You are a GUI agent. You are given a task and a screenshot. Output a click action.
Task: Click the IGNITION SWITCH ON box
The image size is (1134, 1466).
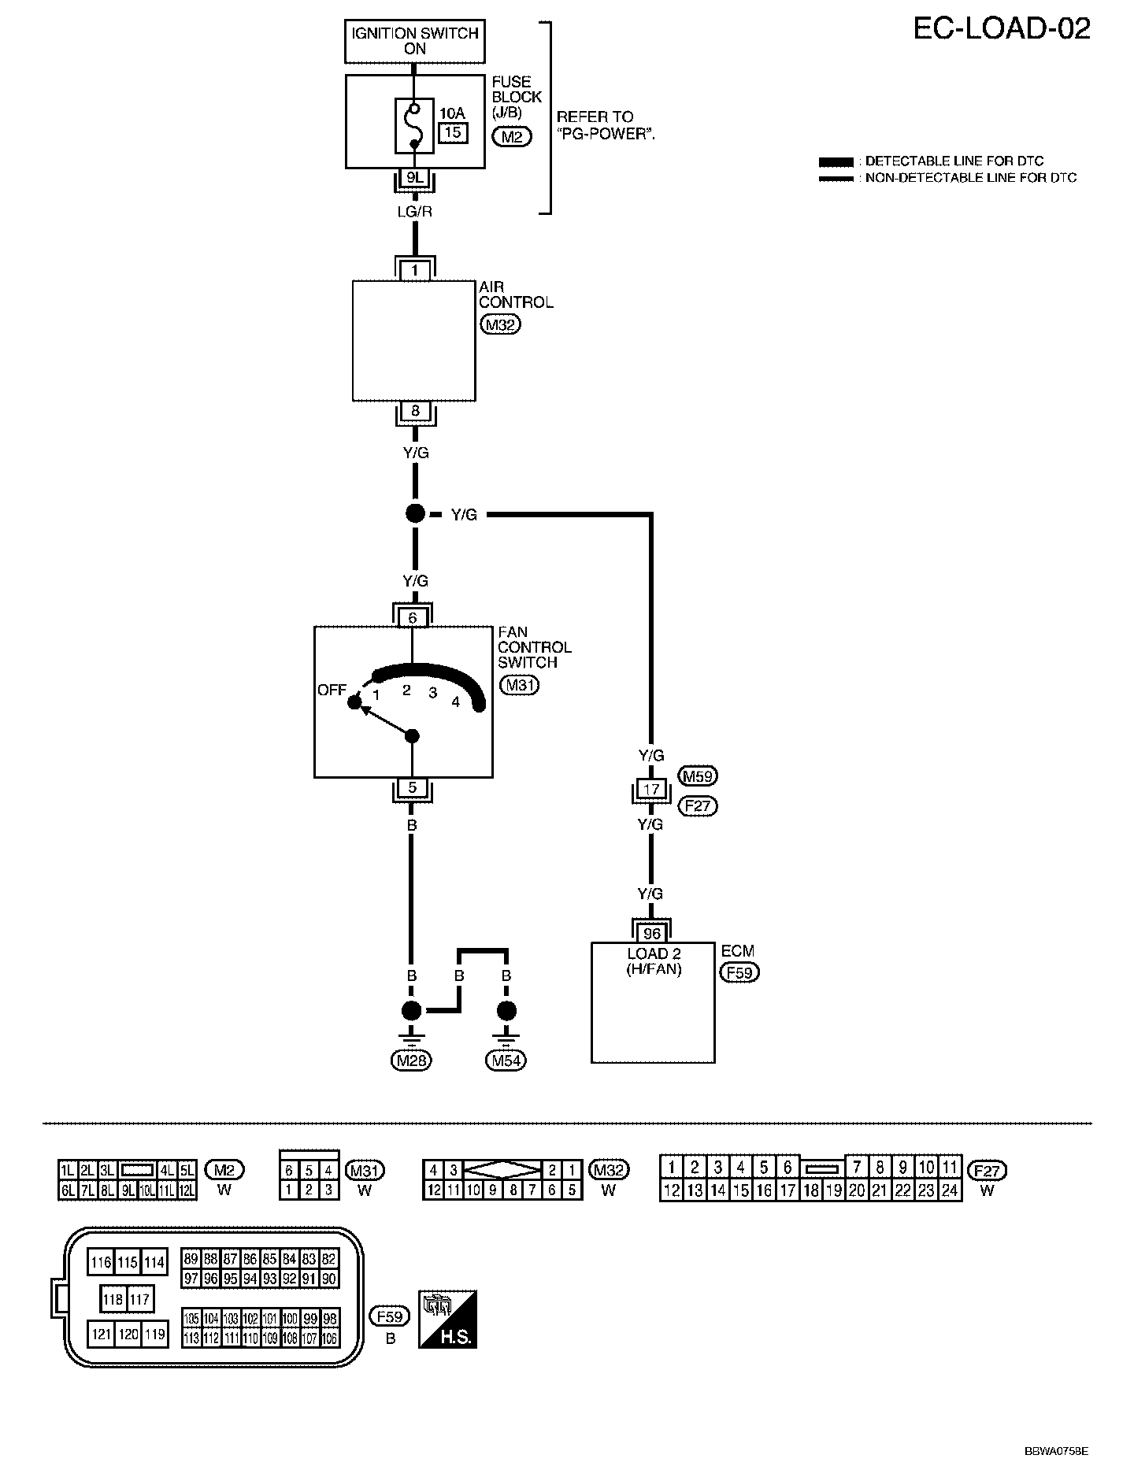coord(415,42)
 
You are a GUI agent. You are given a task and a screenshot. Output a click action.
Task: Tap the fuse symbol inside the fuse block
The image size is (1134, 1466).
coord(413,125)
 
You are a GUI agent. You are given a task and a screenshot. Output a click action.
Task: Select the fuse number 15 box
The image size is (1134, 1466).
coord(452,132)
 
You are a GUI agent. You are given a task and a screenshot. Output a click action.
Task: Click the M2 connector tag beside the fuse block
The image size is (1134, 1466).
coord(511,137)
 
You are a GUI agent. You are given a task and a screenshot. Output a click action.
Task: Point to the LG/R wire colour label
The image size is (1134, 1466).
coord(415,212)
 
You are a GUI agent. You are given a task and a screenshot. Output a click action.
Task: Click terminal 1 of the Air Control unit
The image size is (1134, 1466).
coord(415,270)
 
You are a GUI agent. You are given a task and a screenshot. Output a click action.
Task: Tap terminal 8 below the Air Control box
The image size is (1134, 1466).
coord(415,411)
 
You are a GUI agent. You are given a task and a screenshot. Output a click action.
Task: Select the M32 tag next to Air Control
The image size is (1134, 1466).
coord(500,324)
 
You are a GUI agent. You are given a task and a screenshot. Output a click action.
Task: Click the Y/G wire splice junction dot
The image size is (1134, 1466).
coord(415,514)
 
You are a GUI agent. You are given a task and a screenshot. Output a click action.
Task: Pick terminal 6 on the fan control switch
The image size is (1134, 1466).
coord(413,618)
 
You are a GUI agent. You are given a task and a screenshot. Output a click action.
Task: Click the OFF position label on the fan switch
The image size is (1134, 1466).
coord(332,690)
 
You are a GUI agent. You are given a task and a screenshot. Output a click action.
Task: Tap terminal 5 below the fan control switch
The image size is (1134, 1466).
coord(412,787)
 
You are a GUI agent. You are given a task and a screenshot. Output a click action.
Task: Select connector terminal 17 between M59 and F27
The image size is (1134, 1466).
coord(651,789)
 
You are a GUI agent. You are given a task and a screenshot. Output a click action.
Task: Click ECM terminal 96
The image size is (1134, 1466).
coord(652,934)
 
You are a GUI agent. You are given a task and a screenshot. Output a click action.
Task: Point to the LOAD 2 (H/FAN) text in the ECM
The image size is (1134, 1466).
coord(654,961)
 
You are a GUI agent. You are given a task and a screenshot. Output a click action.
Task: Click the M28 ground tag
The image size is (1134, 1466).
coord(412,1061)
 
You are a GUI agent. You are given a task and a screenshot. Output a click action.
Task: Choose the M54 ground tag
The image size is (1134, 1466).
coord(507,1061)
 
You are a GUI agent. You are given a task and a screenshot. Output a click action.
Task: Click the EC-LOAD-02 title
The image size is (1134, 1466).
coord(1002,29)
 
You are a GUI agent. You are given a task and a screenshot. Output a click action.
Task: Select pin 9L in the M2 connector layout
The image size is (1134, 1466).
coord(128,1190)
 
